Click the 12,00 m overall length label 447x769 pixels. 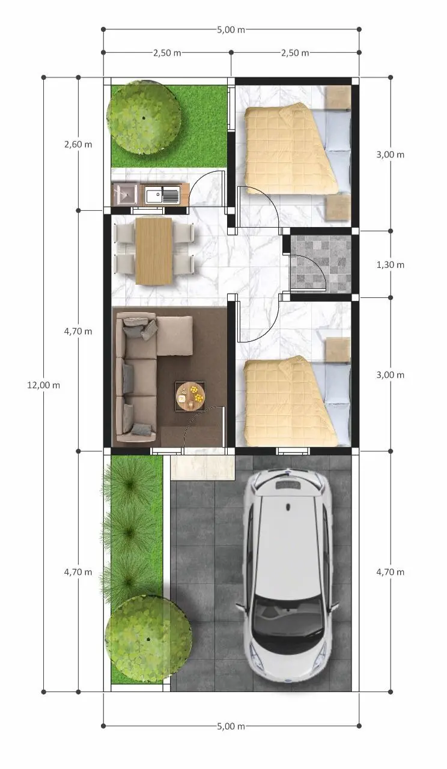tap(43, 385)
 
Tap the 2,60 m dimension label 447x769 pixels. tap(78, 144)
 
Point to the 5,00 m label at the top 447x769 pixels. tap(231, 29)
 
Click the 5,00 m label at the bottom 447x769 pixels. tap(231, 726)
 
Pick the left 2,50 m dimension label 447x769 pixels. tap(167, 53)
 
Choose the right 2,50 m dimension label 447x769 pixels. tap(295, 53)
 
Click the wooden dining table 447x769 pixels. tap(154, 251)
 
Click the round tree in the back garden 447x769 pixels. tap(144, 118)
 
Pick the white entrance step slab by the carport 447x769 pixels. tap(202, 467)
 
